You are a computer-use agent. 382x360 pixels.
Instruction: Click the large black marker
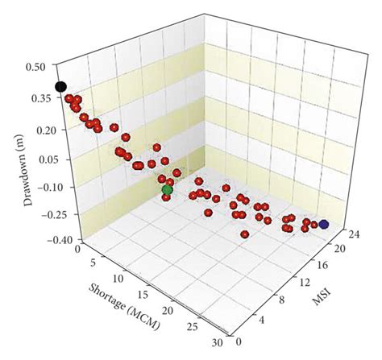point(60,87)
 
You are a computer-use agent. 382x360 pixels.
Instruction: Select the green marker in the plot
point(168,190)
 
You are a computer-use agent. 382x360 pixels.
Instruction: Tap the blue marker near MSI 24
point(323,225)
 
